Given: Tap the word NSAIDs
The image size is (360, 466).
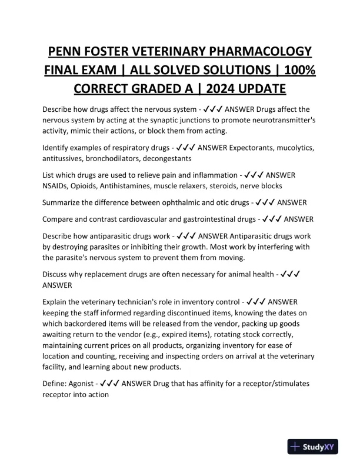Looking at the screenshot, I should point(57,185).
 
